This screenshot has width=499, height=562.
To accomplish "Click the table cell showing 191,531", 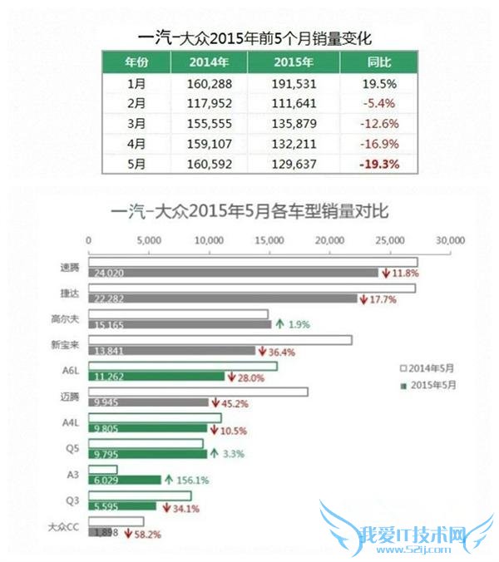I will click(296, 84).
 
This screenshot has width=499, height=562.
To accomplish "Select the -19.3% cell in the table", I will click(378, 164).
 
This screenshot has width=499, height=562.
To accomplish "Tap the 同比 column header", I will click(378, 62).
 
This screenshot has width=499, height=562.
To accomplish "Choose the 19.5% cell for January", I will click(378, 84).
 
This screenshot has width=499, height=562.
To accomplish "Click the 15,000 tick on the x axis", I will click(268, 240).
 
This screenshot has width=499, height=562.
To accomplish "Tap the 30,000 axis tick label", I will click(449, 240).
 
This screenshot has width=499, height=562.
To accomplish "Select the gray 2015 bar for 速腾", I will click(233, 273).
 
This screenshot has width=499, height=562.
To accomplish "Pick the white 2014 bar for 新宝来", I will click(220, 340).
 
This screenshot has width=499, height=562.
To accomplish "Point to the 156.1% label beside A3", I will click(190, 480).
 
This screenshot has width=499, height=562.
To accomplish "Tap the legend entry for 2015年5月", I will click(432, 385).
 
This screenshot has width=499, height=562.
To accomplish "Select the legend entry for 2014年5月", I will click(432, 367).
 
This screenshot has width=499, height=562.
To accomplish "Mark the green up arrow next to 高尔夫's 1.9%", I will click(279, 324).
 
